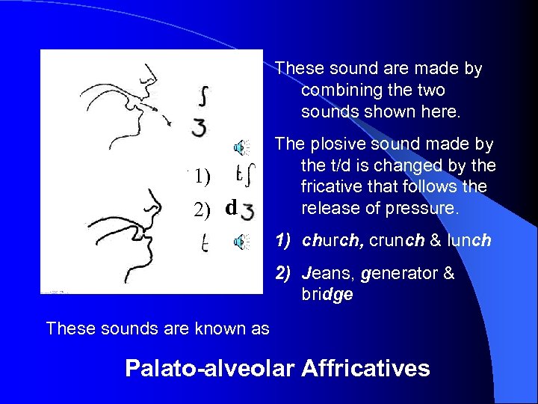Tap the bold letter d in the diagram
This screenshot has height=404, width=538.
[232, 206]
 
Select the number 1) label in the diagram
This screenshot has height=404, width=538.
[202, 177]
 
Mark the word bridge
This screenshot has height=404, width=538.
[328, 294]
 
